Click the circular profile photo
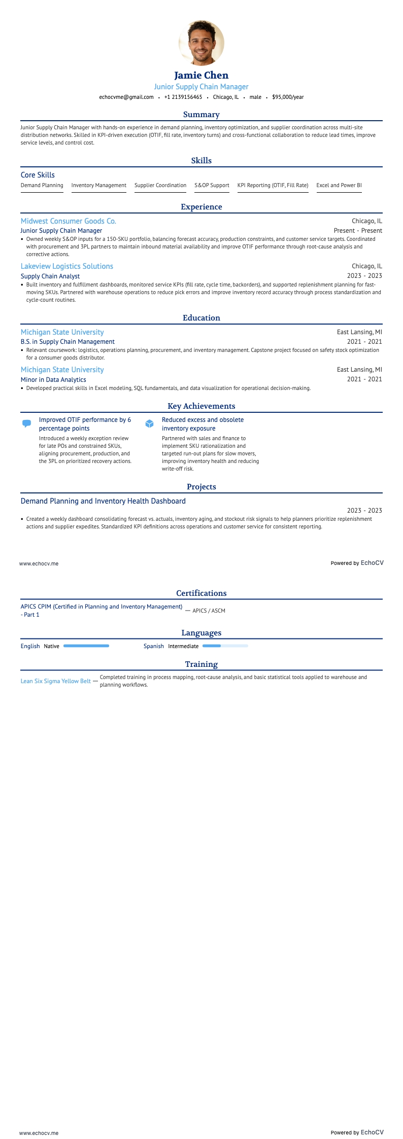(201, 43)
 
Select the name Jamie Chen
(201, 76)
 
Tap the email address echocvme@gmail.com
(126, 97)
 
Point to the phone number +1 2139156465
(183, 97)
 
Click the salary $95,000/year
(288, 97)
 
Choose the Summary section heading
(201, 115)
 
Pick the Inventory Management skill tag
(99, 186)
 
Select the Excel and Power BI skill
(339, 186)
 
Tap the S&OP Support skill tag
(212, 186)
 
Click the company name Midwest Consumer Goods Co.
(69, 221)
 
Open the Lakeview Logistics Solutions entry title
(67, 266)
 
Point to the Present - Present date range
(358, 231)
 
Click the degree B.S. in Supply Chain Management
(68, 342)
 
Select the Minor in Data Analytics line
(53, 380)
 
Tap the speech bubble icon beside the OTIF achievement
(27, 423)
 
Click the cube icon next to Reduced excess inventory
(150, 423)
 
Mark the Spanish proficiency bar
(225, 646)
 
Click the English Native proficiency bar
(86, 646)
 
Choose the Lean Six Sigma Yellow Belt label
(56, 681)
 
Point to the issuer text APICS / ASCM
(209, 611)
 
